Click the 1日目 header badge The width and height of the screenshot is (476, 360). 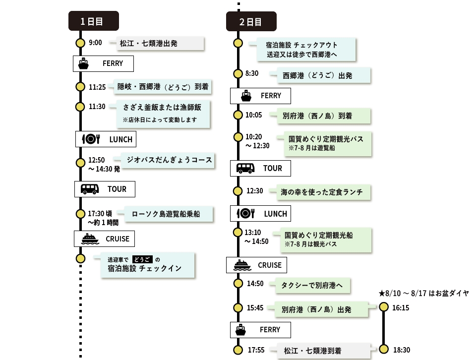click(94, 21)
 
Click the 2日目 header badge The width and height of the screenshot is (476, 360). click(251, 21)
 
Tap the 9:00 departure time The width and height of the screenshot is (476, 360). click(95, 43)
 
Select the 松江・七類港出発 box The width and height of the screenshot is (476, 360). click(160, 44)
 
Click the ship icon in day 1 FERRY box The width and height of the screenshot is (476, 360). click(83, 64)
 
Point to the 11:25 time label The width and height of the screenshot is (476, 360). click(97, 87)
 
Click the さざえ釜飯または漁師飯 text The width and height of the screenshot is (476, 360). click(162, 108)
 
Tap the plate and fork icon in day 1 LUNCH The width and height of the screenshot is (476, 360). click(91, 139)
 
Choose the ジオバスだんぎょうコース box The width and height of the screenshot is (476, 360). click(168, 160)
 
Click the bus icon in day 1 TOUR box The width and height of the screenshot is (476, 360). click(90, 189)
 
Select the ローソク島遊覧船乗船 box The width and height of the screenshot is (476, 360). click(169, 214)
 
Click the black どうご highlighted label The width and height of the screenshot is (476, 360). click(142, 259)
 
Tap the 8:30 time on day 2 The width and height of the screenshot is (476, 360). click(252, 73)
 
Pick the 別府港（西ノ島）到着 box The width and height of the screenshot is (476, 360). click(324, 116)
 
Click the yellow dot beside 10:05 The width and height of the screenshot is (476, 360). click(238, 115)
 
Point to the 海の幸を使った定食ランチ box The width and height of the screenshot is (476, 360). click(324, 192)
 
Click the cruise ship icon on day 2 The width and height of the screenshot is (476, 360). click(242, 265)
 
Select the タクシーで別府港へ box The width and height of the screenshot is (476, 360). click(313, 286)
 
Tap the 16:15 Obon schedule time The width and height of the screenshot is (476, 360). click(401, 308)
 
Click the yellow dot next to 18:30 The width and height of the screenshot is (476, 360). click(384, 350)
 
